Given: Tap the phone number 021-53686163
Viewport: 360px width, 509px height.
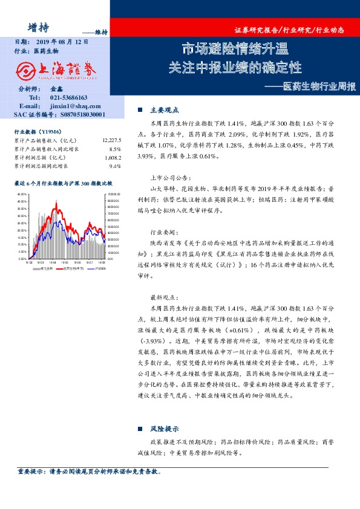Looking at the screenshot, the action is (x=68, y=97).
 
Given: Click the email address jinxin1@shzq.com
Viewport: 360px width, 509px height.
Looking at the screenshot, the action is (x=72, y=105).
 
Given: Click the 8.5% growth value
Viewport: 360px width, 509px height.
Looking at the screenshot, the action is (x=115, y=148).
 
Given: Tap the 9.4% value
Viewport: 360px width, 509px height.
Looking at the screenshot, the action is (x=115, y=165).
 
